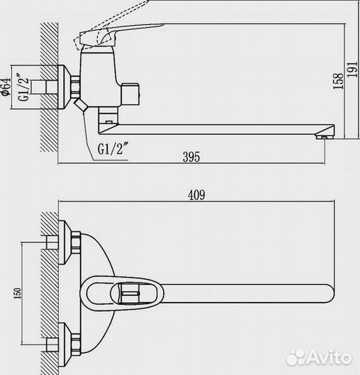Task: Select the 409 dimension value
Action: click(196, 195)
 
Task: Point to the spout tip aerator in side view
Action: click(323, 137)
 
